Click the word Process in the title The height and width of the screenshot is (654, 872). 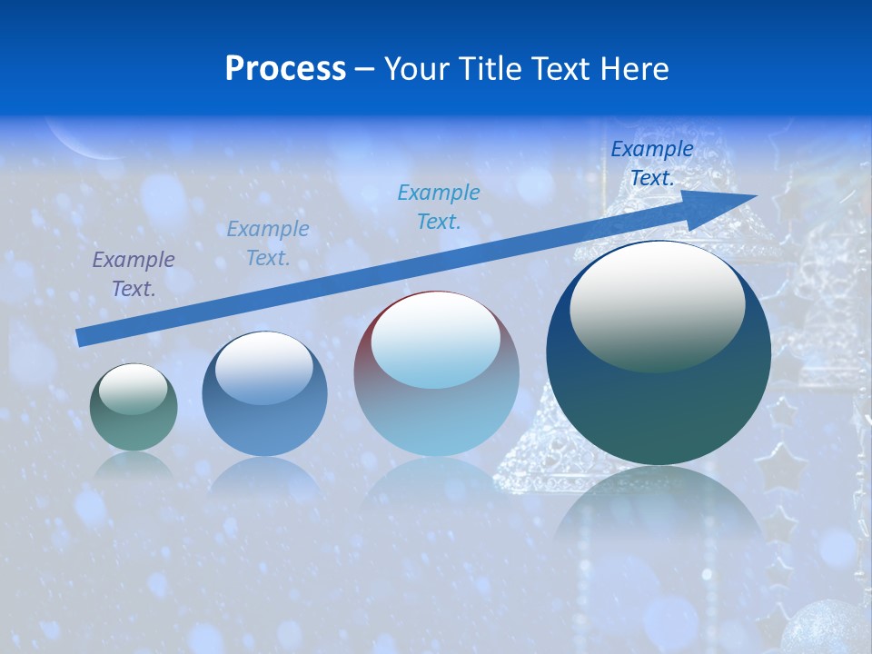[x=285, y=69]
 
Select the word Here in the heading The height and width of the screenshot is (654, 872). [x=633, y=69]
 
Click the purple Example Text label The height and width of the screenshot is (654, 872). [x=134, y=274]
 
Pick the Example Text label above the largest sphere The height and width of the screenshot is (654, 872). [x=651, y=163]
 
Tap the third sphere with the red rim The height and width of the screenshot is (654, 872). [x=436, y=374]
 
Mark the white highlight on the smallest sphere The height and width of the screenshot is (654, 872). [x=133, y=390]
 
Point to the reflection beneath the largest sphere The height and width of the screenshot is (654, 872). [x=659, y=509]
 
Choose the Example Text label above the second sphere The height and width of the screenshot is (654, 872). [x=268, y=243]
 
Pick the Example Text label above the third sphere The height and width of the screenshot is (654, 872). [x=439, y=206]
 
